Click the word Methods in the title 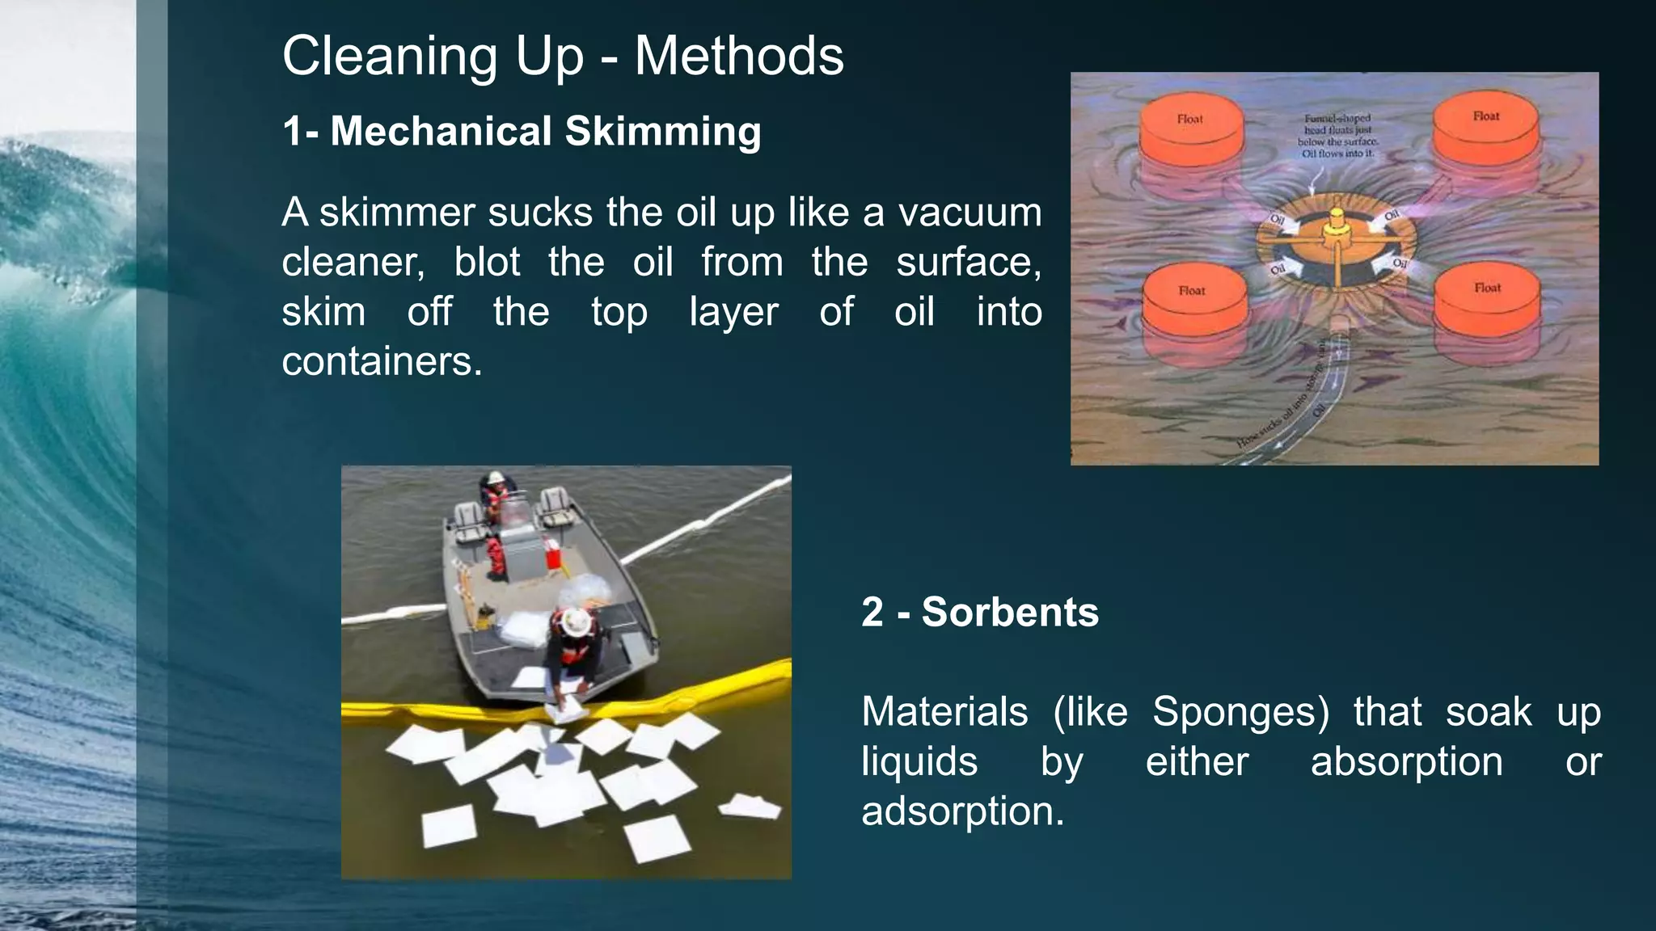coord(738,57)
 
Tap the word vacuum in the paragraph coord(970,213)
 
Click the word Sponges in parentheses coord(1240,712)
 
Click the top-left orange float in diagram coord(1190,133)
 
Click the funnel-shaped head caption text coord(1337,135)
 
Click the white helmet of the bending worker coord(576,621)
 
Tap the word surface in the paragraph coord(968,262)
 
